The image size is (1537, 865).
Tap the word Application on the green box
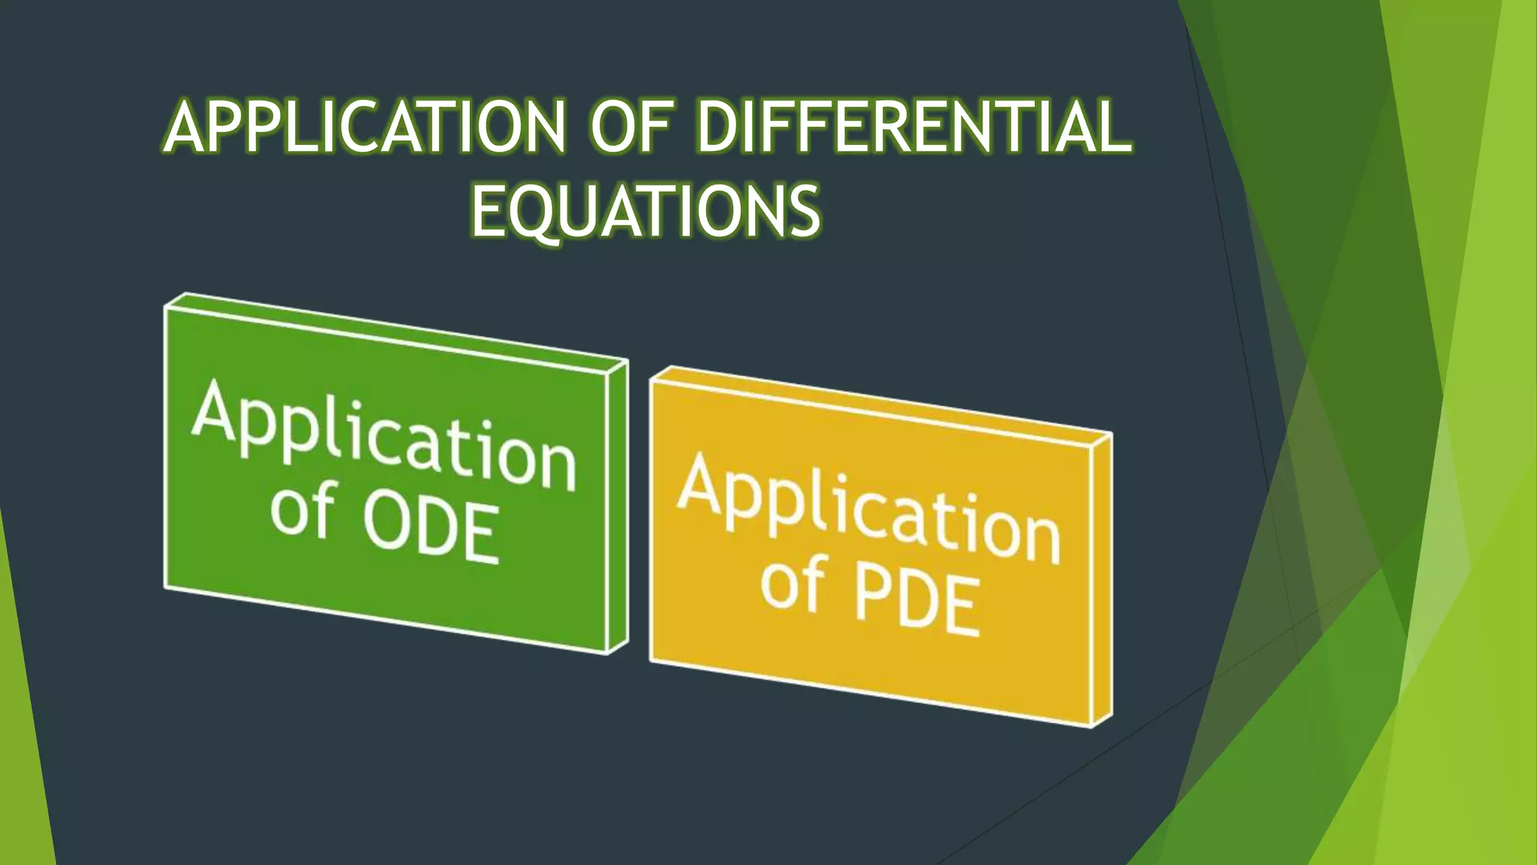tap(383, 436)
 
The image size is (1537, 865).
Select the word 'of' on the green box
tap(302, 511)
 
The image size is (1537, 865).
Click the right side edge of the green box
tap(617, 507)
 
